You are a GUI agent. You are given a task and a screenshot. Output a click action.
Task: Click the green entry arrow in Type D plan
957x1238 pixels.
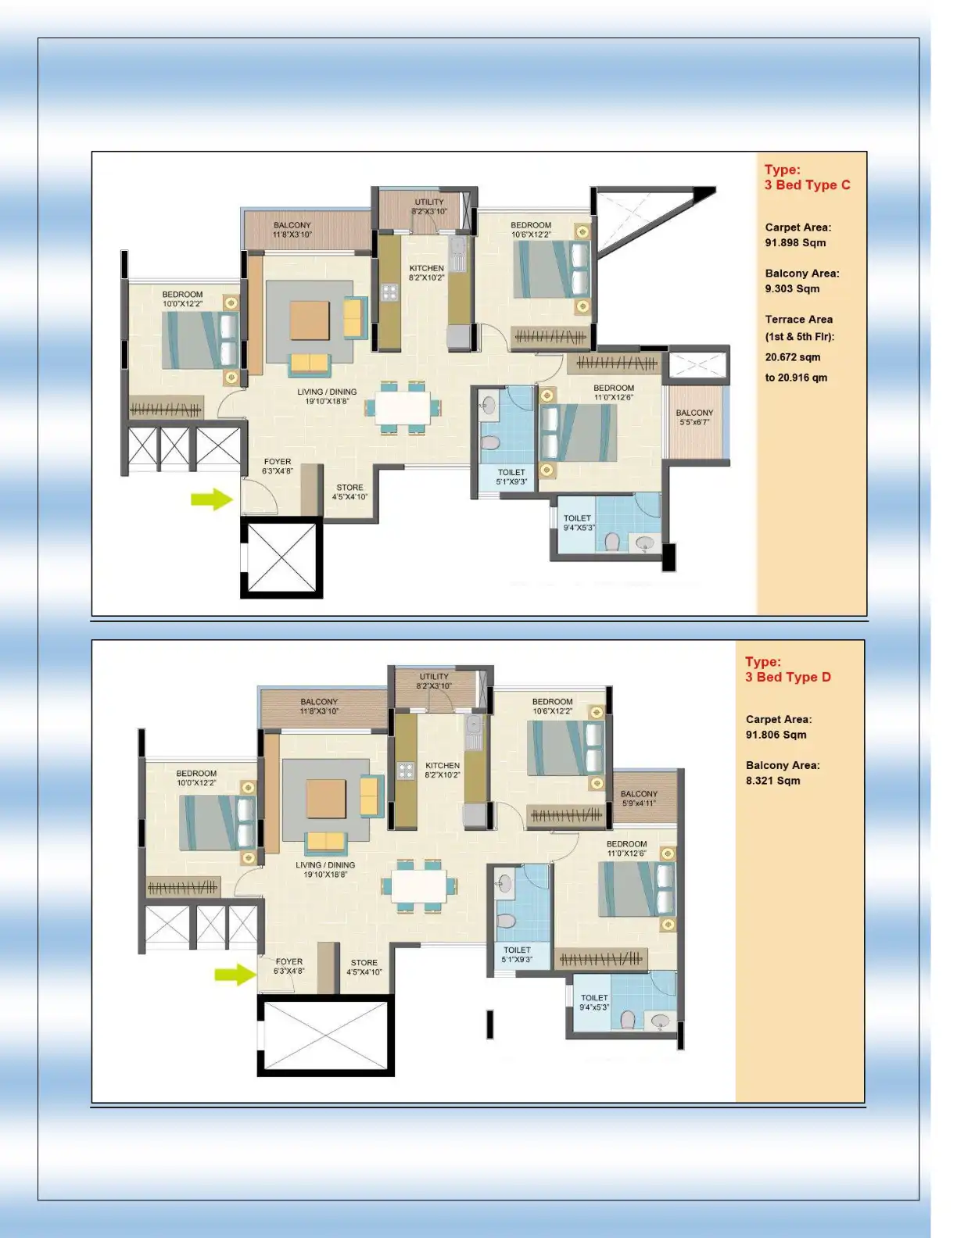pos(235,974)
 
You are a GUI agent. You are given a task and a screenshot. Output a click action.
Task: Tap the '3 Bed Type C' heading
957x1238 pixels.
pos(807,185)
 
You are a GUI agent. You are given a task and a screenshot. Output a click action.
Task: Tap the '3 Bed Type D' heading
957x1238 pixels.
pos(787,677)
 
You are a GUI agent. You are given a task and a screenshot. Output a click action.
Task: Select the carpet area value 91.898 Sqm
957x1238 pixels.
pos(795,242)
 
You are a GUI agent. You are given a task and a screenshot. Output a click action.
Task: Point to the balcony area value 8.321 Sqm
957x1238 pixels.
pos(772,780)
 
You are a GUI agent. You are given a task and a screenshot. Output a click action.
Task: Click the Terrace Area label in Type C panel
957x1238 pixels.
pos(798,319)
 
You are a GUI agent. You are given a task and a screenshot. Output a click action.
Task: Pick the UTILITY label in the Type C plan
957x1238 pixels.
pos(429,202)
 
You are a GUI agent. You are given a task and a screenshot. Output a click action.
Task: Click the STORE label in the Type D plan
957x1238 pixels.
pos(364,963)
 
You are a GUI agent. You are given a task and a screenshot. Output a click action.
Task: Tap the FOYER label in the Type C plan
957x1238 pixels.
pos(278,462)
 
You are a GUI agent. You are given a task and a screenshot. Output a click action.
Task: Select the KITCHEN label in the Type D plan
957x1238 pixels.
pos(443,766)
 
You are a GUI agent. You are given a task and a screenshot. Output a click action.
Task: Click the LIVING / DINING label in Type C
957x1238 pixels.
pos(327,392)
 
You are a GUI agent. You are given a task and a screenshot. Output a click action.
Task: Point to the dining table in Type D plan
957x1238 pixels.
pos(418,886)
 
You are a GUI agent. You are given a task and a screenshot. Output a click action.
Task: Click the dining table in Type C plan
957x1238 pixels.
pos(402,406)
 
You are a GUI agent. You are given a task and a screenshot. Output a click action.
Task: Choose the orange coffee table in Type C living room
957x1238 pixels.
pos(310,320)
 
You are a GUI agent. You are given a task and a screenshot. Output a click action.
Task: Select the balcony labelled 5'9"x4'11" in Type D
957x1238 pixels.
pos(640,798)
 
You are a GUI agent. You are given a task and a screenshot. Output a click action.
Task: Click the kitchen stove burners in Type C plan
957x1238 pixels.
pos(389,292)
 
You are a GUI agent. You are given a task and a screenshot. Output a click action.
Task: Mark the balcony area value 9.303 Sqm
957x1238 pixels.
pos(792,288)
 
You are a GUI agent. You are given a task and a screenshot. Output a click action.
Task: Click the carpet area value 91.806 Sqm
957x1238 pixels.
pos(776,735)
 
